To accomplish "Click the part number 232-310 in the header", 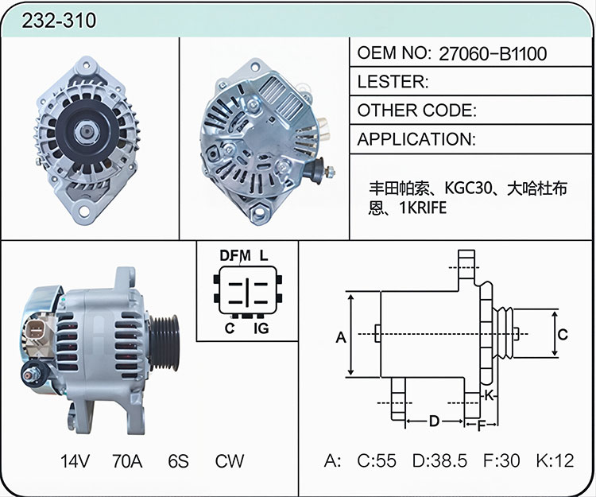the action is [x=59, y=21].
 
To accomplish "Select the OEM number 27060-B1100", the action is [x=493, y=53].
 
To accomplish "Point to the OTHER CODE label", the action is [x=416, y=111].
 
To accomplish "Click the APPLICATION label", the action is [x=416, y=139].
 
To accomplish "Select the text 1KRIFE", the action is [x=423, y=208].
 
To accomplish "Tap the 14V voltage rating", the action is [x=75, y=461].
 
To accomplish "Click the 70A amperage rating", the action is [x=127, y=461].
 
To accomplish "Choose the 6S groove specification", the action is [x=178, y=461].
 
